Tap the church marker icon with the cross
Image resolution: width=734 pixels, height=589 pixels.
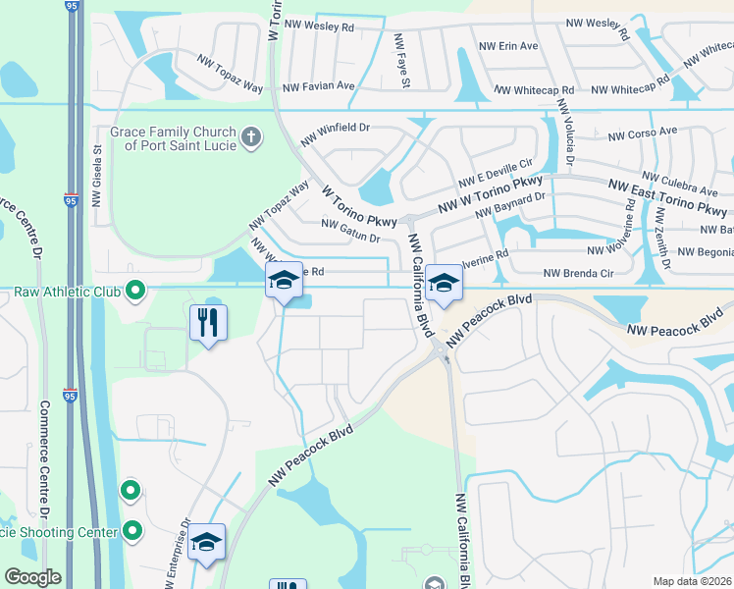point(252,136)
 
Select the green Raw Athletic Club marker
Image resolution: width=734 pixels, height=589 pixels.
point(136,291)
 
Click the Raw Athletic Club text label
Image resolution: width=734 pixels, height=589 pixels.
point(68,291)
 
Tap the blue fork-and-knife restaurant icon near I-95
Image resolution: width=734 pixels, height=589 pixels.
point(208,322)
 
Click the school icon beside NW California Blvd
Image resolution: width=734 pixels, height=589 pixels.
point(444,286)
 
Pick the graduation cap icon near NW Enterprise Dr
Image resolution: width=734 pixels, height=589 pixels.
point(208,543)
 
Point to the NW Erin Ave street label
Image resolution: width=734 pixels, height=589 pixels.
point(507,46)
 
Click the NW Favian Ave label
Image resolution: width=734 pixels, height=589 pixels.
point(318,86)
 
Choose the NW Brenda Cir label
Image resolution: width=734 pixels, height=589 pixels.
point(578,273)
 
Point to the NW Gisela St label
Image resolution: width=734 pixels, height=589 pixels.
point(97,176)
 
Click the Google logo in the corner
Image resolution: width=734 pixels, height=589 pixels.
point(31,577)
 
